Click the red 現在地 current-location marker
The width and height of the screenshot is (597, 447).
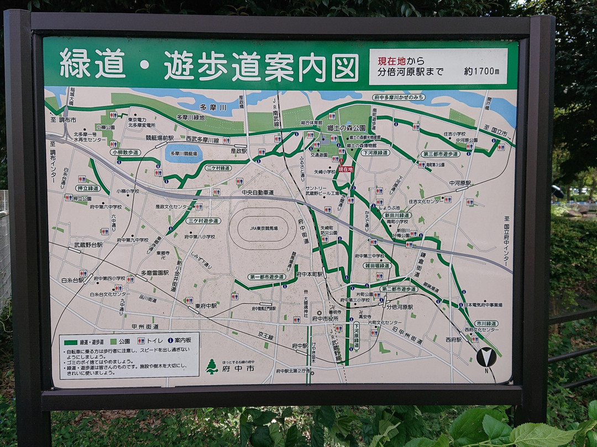pos(345,169)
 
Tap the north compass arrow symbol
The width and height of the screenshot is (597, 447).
pos(486,357)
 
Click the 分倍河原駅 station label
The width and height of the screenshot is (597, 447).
pos(400,306)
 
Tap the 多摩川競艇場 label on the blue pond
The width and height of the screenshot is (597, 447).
pos(183,153)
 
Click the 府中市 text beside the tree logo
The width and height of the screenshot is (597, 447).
pos(244,368)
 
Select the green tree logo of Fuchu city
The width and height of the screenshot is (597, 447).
pos(211,366)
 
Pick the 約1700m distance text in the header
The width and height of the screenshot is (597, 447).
pos(481,71)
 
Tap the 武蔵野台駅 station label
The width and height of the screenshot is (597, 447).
pos(88,245)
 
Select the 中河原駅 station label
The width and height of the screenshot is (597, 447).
pos(460,183)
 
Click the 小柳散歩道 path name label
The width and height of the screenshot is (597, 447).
pos(125,152)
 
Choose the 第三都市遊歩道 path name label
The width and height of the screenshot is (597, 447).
pos(441,154)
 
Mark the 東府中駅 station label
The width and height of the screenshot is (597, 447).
pos(206,306)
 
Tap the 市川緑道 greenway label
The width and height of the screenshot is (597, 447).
pos(486,323)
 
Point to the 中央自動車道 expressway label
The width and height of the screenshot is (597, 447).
pos(258,193)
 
